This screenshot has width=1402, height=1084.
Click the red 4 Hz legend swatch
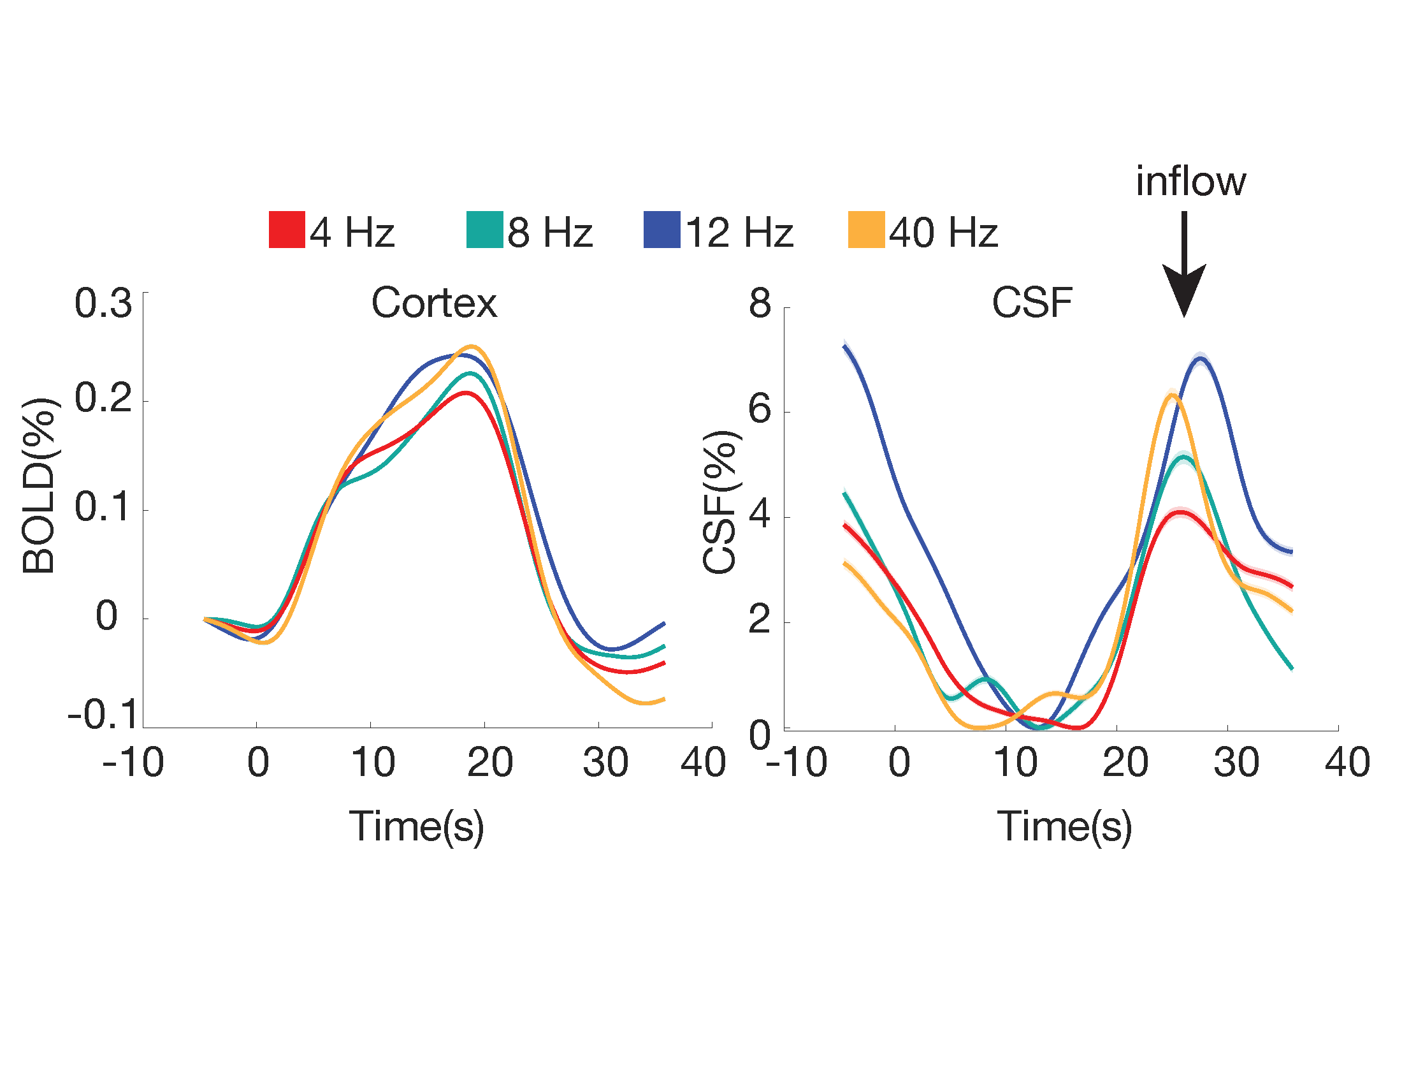pyautogui.click(x=286, y=230)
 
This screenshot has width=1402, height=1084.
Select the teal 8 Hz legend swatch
pyautogui.click(x=484, y=230)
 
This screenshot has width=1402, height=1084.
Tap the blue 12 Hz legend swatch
pyautogui.click(x=662, y=230)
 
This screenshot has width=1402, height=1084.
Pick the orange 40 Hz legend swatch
pyautogui.click(x=866, y=230)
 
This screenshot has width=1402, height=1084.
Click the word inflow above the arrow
pyautogui.click(x=1191, y=181)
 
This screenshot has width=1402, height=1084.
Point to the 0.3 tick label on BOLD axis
pyautogui.click(x=103, y=303)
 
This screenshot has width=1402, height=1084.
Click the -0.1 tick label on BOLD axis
pyautogui.click(x=103, y=714)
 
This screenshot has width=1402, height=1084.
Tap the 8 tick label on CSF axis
pyautogui.click(x=760, y=303)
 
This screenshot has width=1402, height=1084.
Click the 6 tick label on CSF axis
pyautogui.click(x=760, y=409)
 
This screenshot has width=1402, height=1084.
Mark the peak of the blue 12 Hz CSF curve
pyautogui.click(x=1200, y=358)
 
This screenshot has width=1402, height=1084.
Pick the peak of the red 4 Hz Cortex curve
pyautogui.click(x=465, y=392)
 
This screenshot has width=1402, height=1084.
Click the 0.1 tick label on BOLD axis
pyautogui.click(x=103, y=508)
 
